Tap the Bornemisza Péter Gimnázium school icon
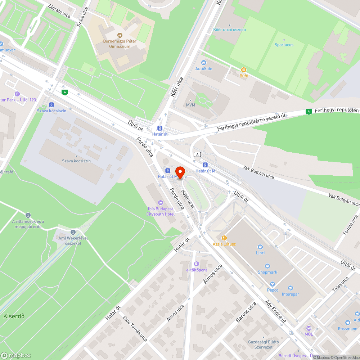click(x=120, y=35)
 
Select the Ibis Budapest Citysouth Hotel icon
click(x=160, y=202)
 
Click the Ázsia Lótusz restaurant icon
click(x=224, y=238)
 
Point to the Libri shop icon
click(x=260, y=247)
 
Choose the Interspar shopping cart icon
click(x=290, y=288)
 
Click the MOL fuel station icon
click(x=309, y=328)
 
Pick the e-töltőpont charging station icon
click(x=196, y=264)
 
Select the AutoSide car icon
click(x=204, y=62)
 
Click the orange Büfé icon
click(x=244, y=70)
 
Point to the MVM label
click(x=190, y=105)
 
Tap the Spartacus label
click(x=284, y=45)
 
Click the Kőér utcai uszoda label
click(x=230, y=30)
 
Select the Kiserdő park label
click(x=14, y=316)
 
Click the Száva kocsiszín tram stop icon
click(x=52, y=105)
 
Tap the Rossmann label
click(x=347, y=329)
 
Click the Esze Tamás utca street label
click(x=135, y=328)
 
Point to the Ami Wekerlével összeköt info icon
click(x=73, y=232)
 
